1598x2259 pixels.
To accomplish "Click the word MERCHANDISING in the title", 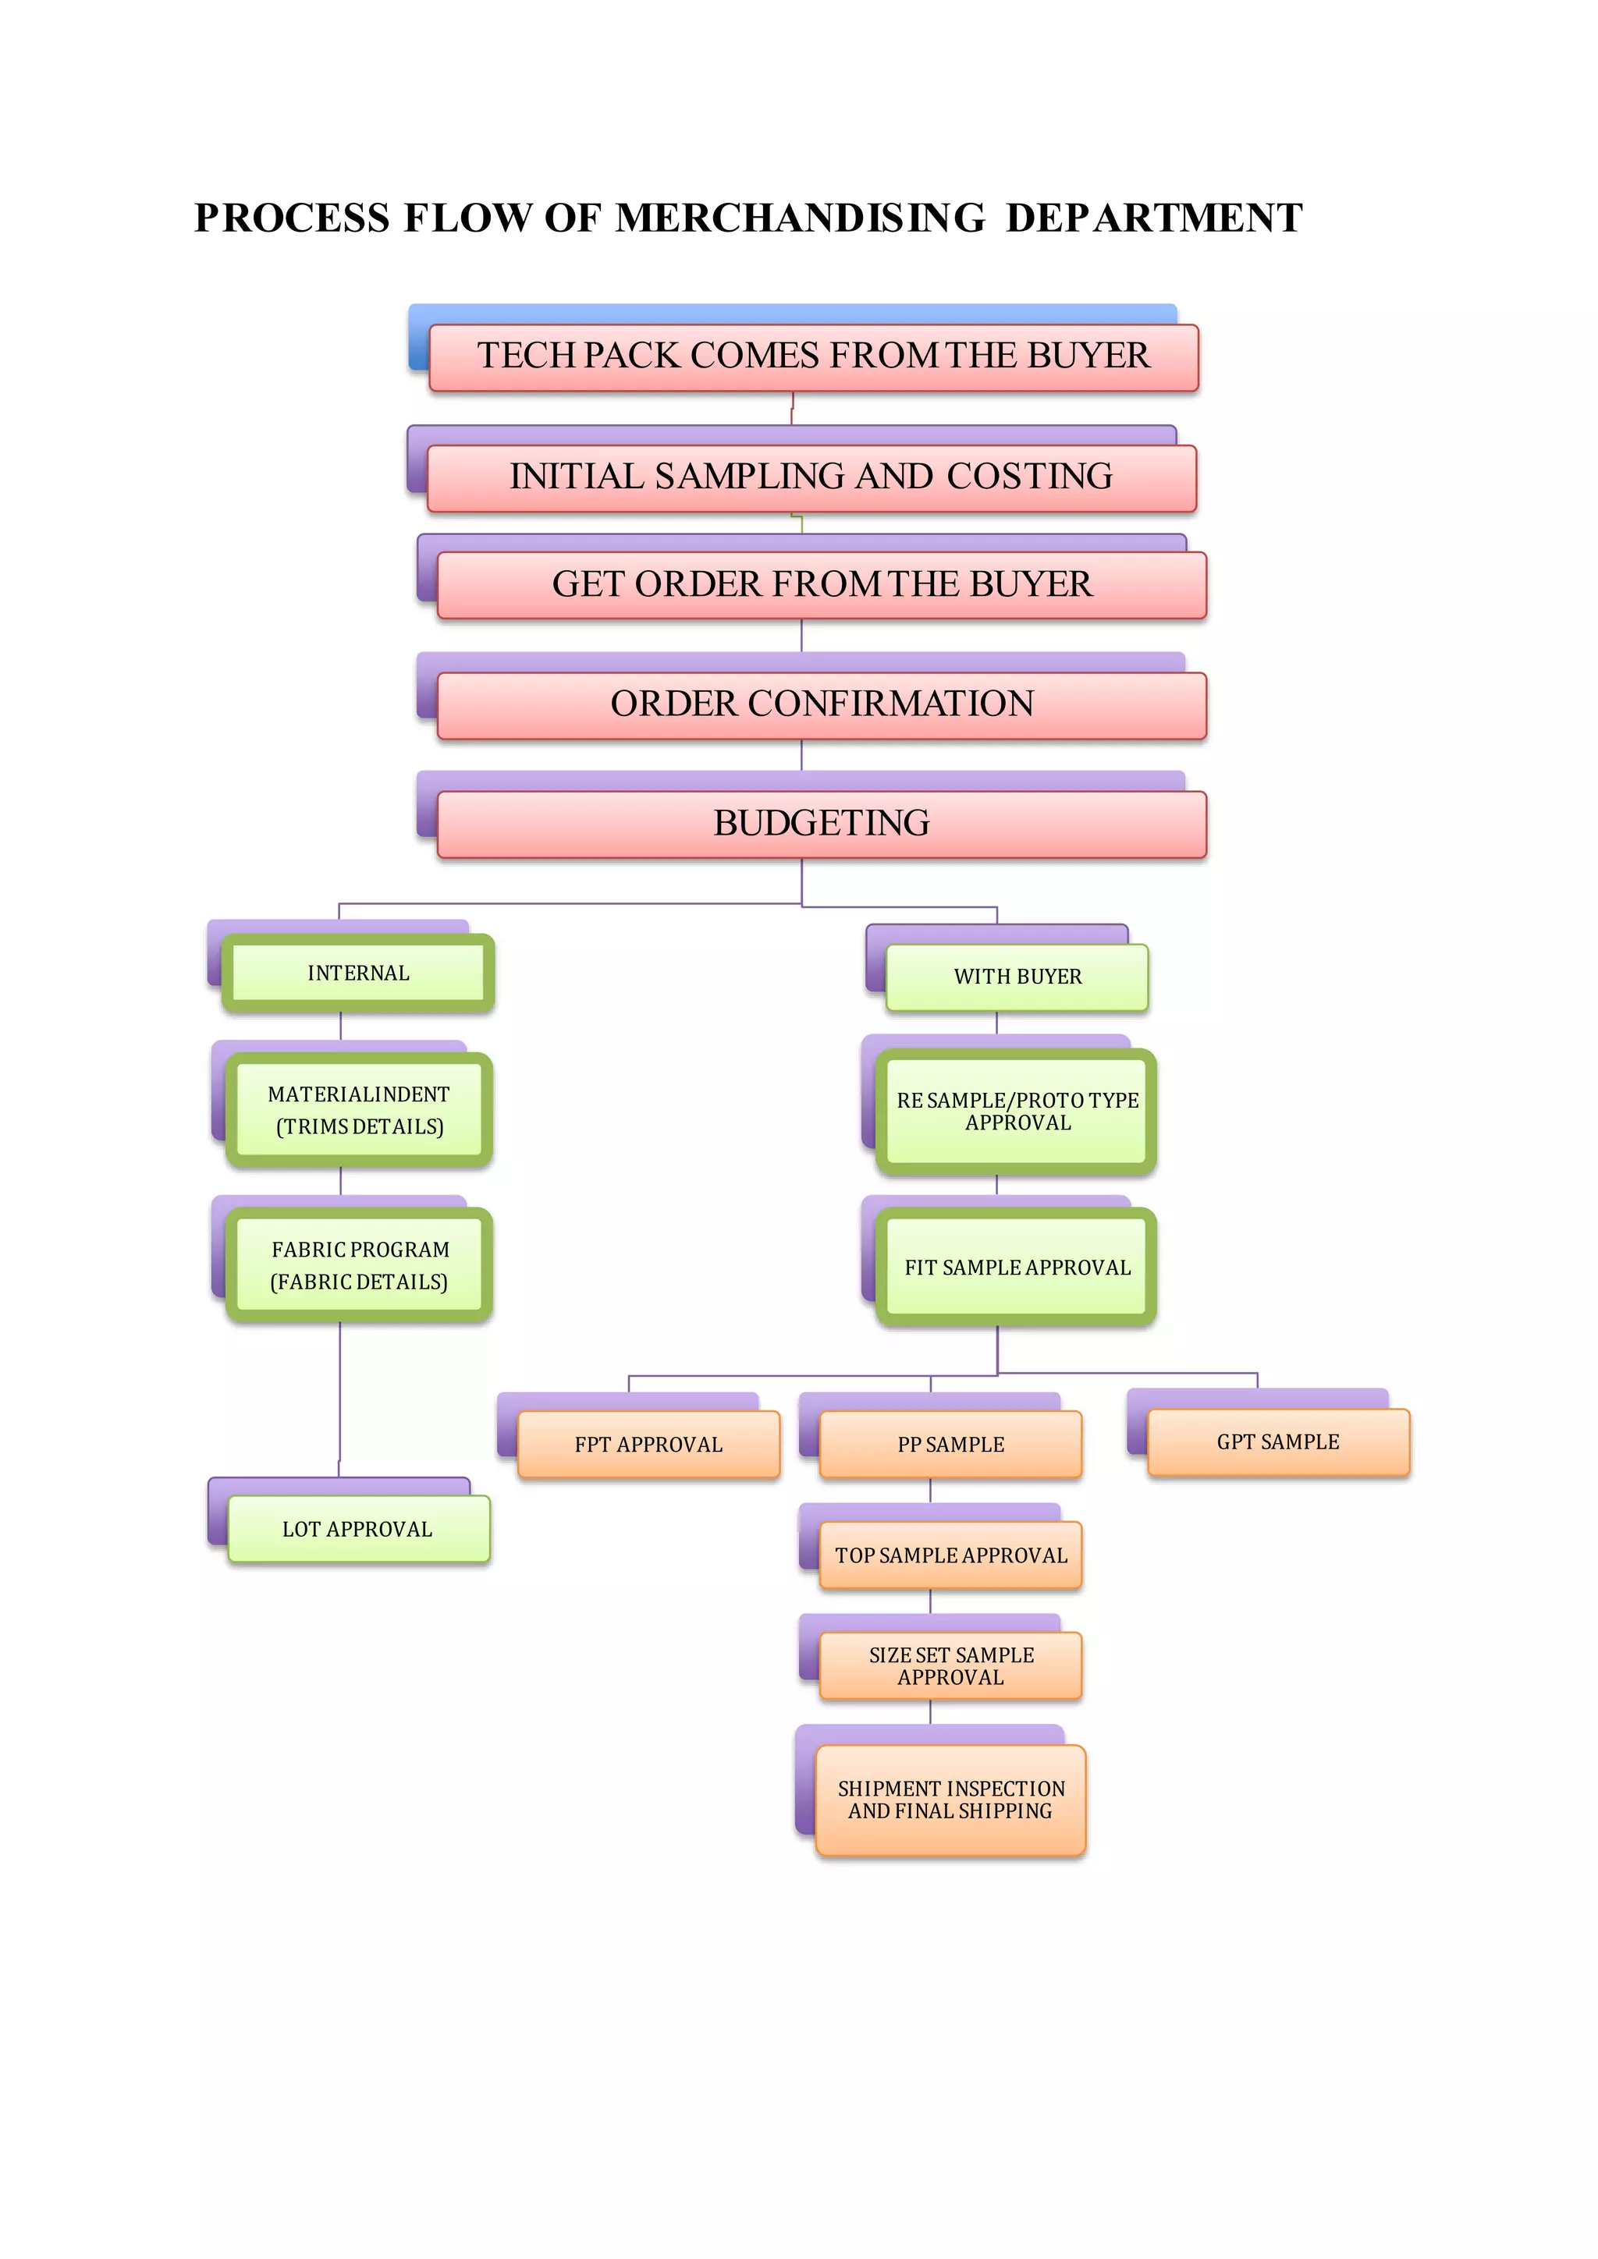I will [x=799, y=218].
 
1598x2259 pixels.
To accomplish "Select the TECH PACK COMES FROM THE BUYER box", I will [x=813, y=357].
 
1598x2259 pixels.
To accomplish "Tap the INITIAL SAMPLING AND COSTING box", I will [x=811, y=478].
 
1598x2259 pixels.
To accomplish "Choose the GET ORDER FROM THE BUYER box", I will [x=822, y=585].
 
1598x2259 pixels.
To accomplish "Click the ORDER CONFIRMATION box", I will [x=822, y=705].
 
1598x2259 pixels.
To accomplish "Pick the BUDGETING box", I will [x=822, y=825].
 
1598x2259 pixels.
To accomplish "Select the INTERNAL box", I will [x=358, y=973].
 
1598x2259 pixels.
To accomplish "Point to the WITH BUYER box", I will [x=1017, y=977].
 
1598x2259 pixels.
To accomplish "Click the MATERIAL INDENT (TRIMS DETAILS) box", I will [x=359, y=1110].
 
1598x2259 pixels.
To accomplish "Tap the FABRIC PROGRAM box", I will [x=359, y=1265].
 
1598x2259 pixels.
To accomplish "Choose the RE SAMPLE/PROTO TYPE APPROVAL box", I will [x=1017, y=1112].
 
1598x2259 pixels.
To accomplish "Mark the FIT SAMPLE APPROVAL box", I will [x=1017, y=1268].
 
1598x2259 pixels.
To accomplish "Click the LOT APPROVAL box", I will [x=358, y=1529].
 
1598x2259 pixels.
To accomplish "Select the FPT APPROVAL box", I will [x=648, y=1445].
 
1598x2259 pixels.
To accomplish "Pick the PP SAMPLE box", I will [x=950, y=1445].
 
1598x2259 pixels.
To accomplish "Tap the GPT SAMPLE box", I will [x=1278, y=1442].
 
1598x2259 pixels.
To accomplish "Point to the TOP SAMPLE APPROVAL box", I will [x=950, y=1555].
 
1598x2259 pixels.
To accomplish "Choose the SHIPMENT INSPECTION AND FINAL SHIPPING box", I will [x=950, y=1800].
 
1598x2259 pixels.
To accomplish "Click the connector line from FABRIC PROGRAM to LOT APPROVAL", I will [x=340, y=1397].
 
